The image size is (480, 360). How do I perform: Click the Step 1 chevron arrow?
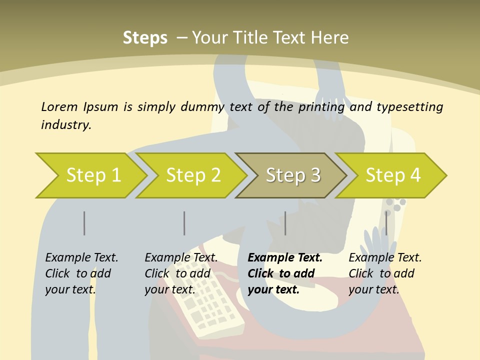[92, 175]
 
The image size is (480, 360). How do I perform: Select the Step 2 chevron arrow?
[192, 175]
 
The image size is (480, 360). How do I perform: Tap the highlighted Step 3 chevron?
[292, 175]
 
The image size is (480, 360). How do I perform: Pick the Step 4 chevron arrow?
[392, 175]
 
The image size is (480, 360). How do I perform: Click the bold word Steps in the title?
[145, 38]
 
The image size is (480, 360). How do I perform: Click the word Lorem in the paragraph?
[59, 106]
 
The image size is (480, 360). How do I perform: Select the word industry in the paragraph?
[65, 124]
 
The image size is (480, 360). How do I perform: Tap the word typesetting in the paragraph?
[409, 107]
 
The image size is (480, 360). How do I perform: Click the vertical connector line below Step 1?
[84, 223]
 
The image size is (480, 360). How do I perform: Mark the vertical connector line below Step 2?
[184, 223]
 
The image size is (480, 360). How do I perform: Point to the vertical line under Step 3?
[285, 223]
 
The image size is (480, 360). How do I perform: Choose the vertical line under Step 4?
[386, 223]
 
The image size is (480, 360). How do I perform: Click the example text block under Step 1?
[81, 273]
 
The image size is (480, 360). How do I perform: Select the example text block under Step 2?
[181, 273]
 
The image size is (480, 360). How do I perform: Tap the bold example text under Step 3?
[285, 273]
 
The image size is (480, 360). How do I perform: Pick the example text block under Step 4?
[385, 273]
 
